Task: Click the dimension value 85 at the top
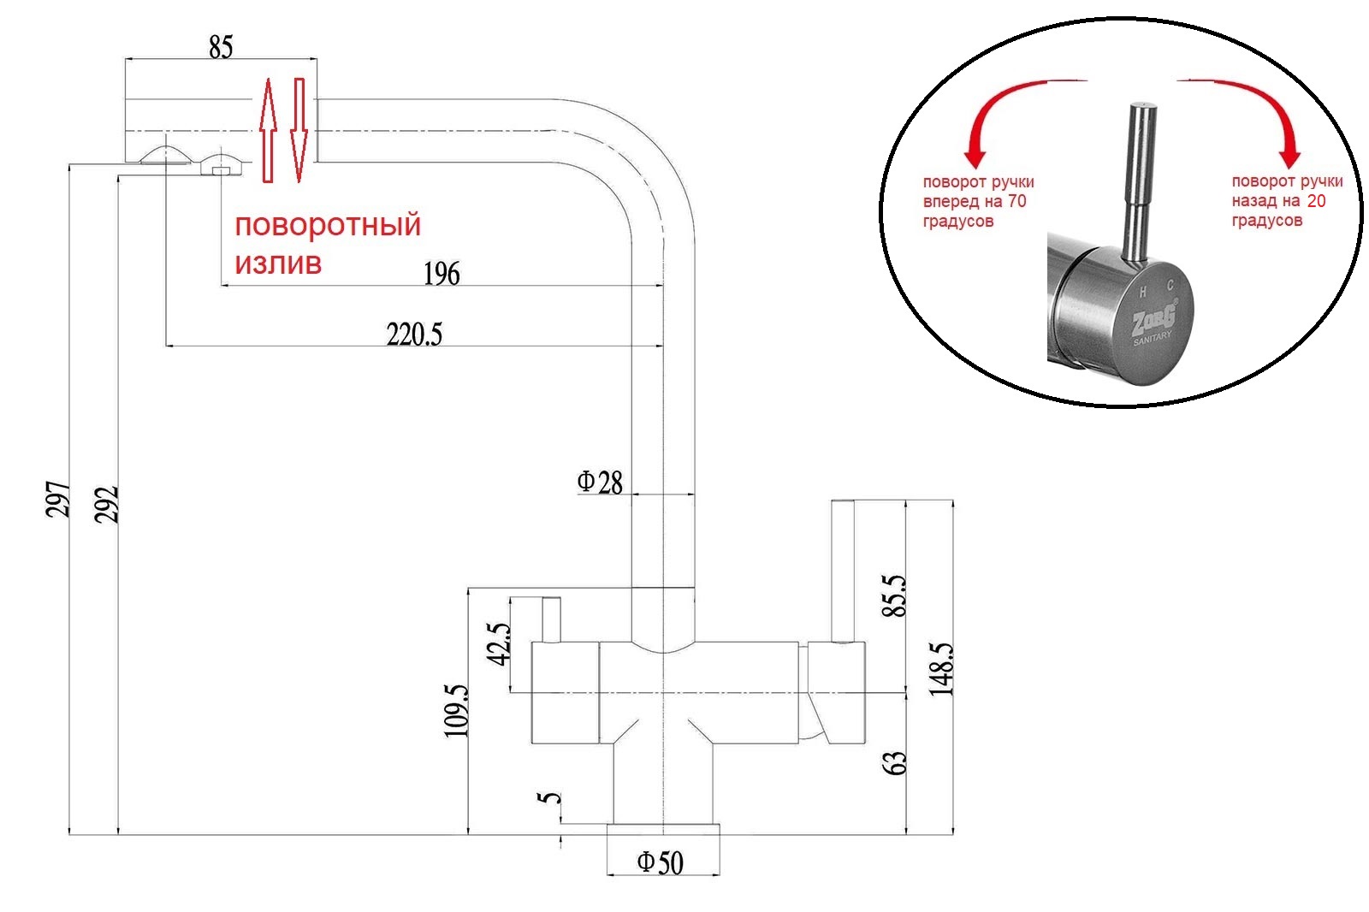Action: pos(221,47)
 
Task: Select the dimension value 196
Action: pos(442,274)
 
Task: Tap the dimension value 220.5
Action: pos(414,335)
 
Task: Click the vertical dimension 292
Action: pos(106,504)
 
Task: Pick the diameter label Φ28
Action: pos(600,483)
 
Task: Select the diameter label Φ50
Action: pos(661,862)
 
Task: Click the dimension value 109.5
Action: pos(456,709)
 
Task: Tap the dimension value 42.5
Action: pos(499,643)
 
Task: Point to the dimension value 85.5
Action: pos(894,595)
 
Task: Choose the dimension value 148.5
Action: pos(941,669)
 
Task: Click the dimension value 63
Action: pos(894,763)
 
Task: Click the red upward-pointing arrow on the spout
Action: pos(268,128)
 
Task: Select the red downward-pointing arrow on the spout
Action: pos(299,128)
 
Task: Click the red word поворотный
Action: pos(328,225)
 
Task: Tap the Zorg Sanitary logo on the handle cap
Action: pos(1153,323)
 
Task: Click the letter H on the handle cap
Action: pos(1142,291)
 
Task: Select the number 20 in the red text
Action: pos(1316,201)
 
